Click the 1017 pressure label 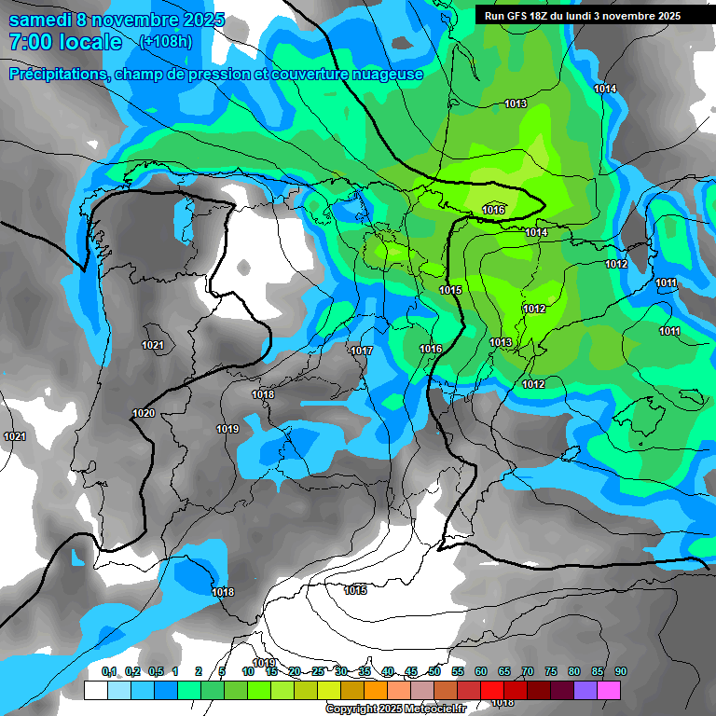(x=362, y=351)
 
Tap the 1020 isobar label (x=144, y=413)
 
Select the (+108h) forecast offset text (x=165, y=42)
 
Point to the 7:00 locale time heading (x=65, y=42)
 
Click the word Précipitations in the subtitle (x=56, y=74)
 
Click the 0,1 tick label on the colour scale (x=109, y=671)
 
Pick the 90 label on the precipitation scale (x=621, y=671)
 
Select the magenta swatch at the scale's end (x=609, y=690)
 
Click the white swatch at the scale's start (x=96, y=690)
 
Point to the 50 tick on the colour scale (x=434, y=671)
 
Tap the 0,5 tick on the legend (x=156, y=671)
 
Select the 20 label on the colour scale (x=295, y=671)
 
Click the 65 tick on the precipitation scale (x=504, y=671)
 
